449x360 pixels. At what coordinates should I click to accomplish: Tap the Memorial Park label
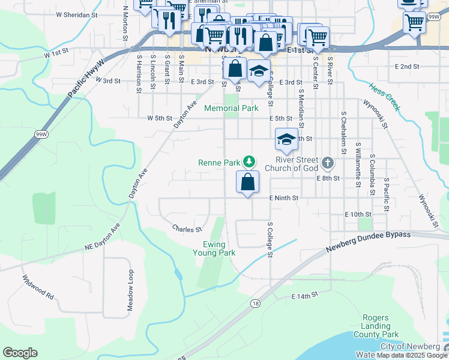point(231,109)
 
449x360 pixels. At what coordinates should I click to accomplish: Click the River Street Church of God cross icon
point(327,162)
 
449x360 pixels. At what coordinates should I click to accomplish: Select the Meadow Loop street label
point(129,290)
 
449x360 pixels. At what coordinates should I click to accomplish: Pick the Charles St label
point(185,229)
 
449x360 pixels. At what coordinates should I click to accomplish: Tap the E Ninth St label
point(283,197)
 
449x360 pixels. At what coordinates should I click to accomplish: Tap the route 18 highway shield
point(256,303)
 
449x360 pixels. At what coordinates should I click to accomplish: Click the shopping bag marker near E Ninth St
point(247,181)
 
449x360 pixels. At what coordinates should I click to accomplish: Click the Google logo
point(20,353)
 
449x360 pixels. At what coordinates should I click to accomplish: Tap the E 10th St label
point(359,214)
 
